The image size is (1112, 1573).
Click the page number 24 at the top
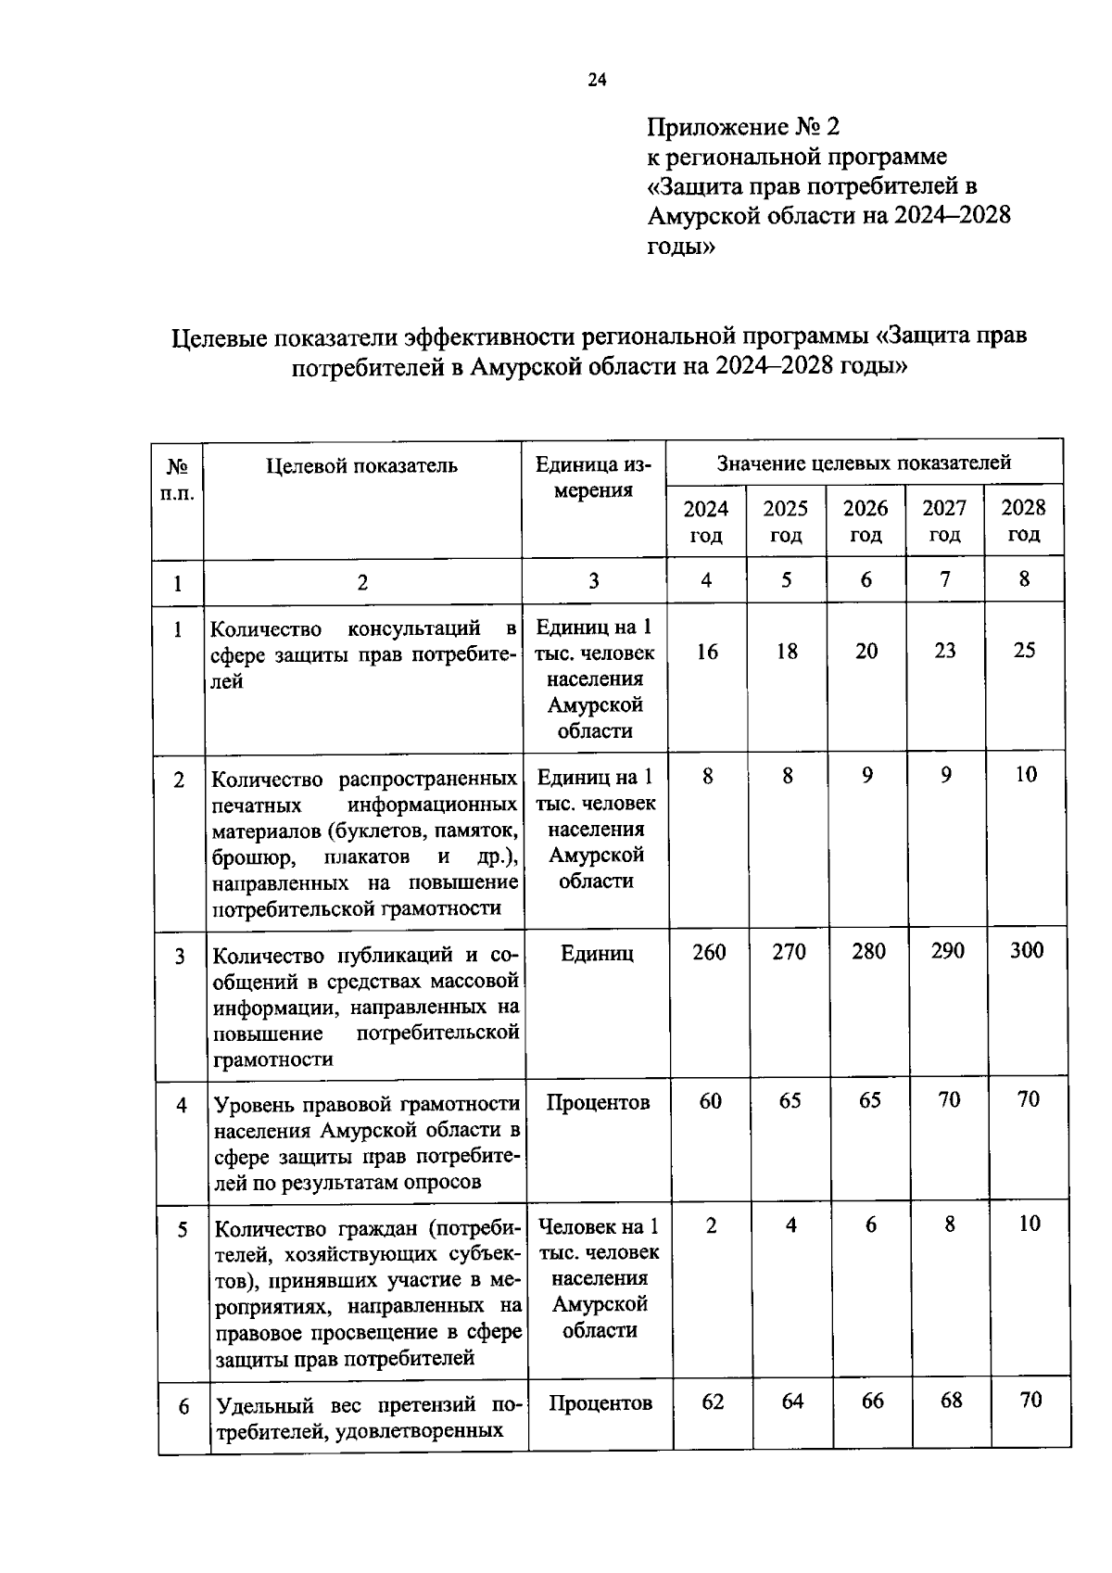(597, 81)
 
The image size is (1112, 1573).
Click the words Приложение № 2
(742, 126)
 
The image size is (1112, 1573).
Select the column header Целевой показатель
(361, 465)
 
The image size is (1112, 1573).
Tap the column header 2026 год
(866, 521)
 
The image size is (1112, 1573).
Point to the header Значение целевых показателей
(864, 463)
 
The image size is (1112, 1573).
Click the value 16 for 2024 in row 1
(707, 652)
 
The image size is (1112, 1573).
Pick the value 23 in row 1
(945, 651)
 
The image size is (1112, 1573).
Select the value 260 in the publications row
(709, 952)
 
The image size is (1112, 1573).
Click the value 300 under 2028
(1027, 950)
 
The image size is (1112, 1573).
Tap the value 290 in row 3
(947, 951)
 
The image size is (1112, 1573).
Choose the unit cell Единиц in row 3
(597, 953)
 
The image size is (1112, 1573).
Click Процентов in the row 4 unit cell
(598, 1102)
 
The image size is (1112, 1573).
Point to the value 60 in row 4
(710, 1101)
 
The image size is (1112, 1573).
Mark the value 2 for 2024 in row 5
(711, 1225)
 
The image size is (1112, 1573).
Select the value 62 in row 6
(712, 1402)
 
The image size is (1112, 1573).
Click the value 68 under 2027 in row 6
(951, 1400)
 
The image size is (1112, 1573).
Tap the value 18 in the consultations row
(787, 652)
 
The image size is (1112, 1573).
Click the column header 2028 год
(1024, 520)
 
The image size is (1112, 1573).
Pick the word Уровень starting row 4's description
(253, 1105)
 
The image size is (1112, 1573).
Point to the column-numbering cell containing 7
(944, 579)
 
